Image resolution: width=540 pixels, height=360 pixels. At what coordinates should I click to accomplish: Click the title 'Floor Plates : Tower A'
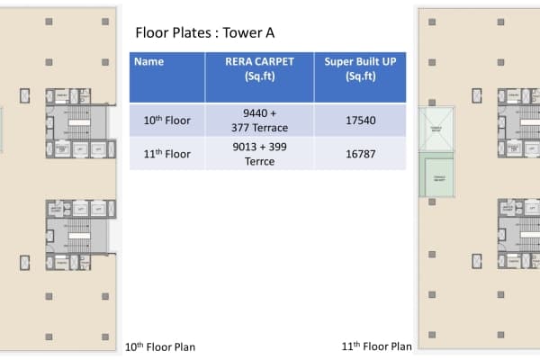pyautogui.click(x=204, y=33)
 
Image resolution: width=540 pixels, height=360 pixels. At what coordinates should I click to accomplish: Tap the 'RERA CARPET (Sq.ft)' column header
pyautogui.click(x=259, y=69)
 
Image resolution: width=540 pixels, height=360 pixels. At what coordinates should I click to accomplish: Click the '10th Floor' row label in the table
pyautogui.click(x=167, y=120)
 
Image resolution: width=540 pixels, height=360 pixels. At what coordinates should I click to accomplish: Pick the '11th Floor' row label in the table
pyautogui.click(x=167, y=154)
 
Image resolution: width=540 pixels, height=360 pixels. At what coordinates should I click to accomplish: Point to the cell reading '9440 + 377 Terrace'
pyautogui.click(x=259, y=120)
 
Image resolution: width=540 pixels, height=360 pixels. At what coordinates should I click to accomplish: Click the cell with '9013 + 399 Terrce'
pyautogui.click(x=259, y=154)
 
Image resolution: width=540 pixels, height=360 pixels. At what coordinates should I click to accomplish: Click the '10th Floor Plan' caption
pyautogui.click(x=159, y=346)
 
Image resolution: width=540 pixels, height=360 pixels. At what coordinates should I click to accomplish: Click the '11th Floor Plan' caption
pyautogui.click(x=377, y=346)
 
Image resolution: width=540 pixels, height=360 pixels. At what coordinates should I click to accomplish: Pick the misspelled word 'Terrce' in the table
pyautogui.click(x=259, y=162)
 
